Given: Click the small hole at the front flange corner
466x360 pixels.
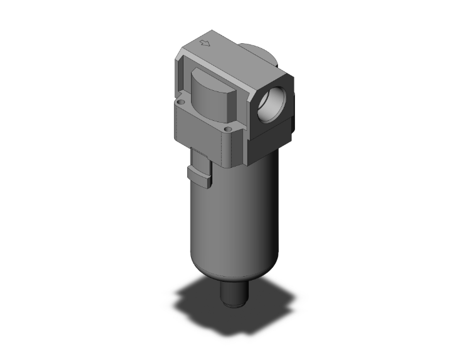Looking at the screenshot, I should click(228, 129).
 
